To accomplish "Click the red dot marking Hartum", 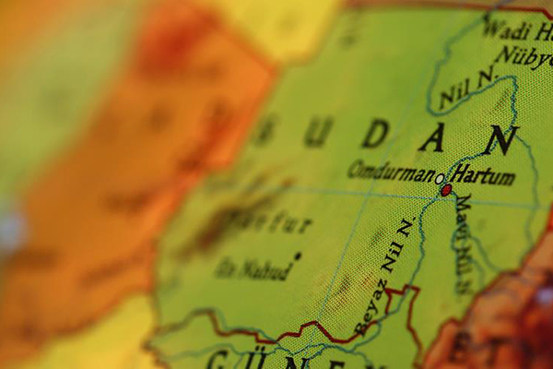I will [447, 190].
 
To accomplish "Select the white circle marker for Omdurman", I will [440, 179].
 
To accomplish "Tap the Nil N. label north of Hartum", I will [466, 86].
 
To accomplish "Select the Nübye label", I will [523, 56].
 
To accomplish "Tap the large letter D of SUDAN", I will [374, 135].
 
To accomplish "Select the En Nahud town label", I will [253, 269].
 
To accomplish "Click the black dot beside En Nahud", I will [297, 256].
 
